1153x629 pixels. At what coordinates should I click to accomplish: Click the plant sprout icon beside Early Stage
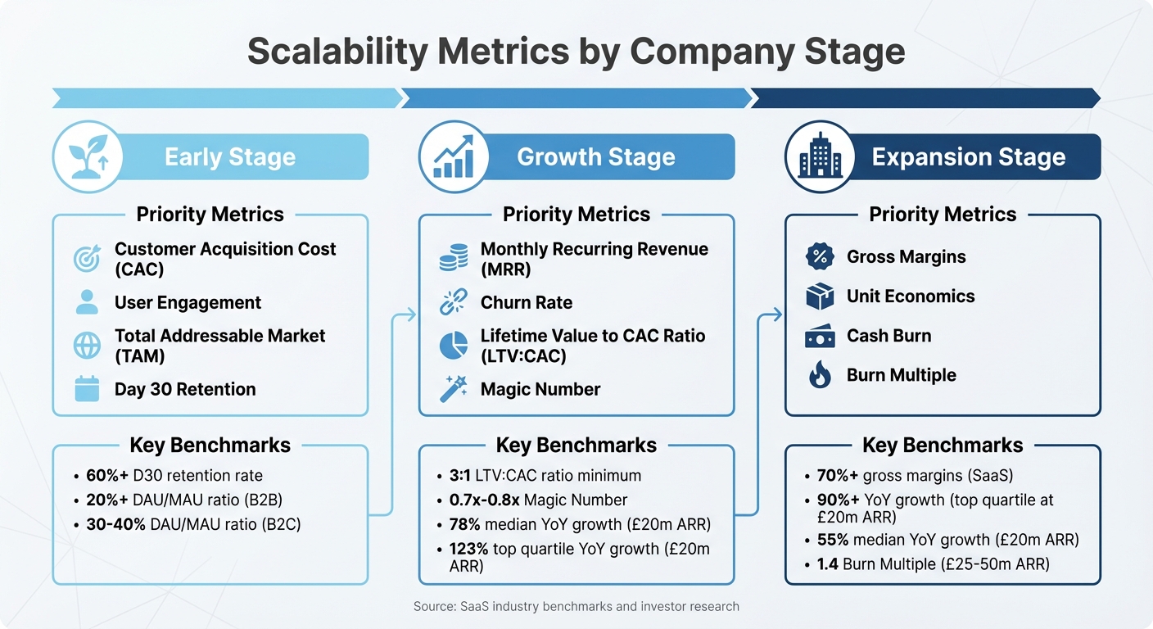pyautogui.click(x=87, y=156)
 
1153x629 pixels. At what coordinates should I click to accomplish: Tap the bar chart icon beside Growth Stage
pyautogui.click(x=453, y=156)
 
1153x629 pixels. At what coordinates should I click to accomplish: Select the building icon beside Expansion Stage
pyautogui.click(x=819, y=156)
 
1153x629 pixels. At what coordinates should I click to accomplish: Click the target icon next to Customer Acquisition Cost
pyautogui.click(x=87, y=259)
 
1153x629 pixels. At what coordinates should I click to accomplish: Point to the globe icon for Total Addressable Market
pyautogui.click(x=87, y=346)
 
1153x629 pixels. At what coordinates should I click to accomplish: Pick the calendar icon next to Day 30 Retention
pyautogui.click(x=87, y=389)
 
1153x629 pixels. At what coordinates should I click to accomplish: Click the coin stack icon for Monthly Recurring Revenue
pyautogui.click(x=453, y=259)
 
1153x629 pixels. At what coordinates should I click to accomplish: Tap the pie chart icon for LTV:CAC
pyautogui.click(x=453, y=346)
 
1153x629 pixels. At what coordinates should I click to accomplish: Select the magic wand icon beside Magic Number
pyautogui.click(x=453, y=389)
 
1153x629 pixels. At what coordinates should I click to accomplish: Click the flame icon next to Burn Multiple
pyautogui.click(x=819, y=375)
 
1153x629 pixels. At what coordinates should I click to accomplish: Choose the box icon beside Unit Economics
pyautogui.click(x=819, y=296)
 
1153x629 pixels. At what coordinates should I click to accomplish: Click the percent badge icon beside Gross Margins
pyautogui.click(x=819, y=256)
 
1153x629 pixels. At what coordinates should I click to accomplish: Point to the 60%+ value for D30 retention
pyautogui.click(x=106, y=476)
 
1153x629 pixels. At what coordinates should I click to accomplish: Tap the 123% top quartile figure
pyautogui.click(x=468, y=550)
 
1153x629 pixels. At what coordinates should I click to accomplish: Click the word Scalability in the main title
pyautogui.click(x=337, y=51)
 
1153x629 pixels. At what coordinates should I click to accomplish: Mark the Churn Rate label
pyautogui.click(x=527, y=302)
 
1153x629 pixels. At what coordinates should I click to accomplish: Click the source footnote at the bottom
pyautogui.click(x=576, y=607)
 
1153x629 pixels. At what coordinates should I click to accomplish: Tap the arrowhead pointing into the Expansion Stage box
pyautogui.click(x=779, y=314)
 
